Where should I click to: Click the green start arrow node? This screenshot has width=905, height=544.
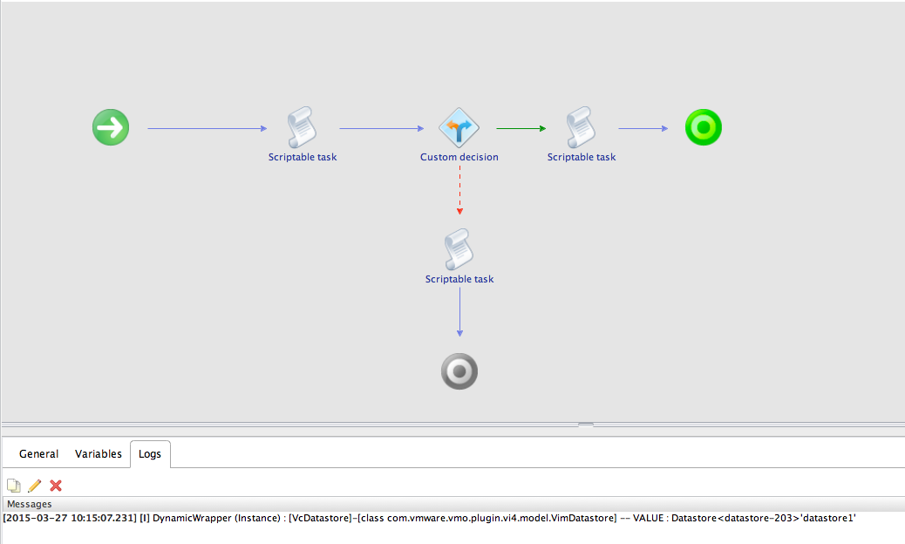pyautogui.click(x=111, y=128)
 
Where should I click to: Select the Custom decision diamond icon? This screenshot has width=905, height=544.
pyautogui.click(x=459, y=128)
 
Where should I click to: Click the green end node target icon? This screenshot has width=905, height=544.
pyautogui.click(x=703, y=128)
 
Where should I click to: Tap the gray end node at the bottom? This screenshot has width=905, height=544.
pyautogui.click(x=459, y=372)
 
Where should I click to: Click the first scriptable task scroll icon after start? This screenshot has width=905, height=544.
pyautogui.click(x=302, y=128)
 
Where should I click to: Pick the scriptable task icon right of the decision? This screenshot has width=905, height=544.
pyautogui.click(x=581, y=128)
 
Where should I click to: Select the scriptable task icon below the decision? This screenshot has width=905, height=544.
pyautogui.click(x=459, y=250)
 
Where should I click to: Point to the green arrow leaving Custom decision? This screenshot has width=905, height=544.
pyautogui.click(x=521, y=129)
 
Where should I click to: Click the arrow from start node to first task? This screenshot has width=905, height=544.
pyautogui.click(x=207, y=129)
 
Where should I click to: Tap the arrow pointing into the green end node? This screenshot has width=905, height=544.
pyautogui.click(x=643, y=129)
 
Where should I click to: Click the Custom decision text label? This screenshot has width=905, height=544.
pyautogui.click(x=459, y=157)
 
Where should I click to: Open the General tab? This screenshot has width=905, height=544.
pyautogui.click(x=38, y=454)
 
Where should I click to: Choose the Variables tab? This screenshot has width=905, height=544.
pyautogui.click(x=98, y=454)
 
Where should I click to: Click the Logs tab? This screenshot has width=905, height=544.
pyautogui.click(x=150, y=454)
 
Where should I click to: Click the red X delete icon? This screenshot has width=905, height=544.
pyautogui.click(x=56, y=486)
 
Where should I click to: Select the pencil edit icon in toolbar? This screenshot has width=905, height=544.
pyautogui.click(x=35, y=486)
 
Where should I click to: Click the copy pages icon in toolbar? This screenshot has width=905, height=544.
pyautogui.click(x=14, y=486)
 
